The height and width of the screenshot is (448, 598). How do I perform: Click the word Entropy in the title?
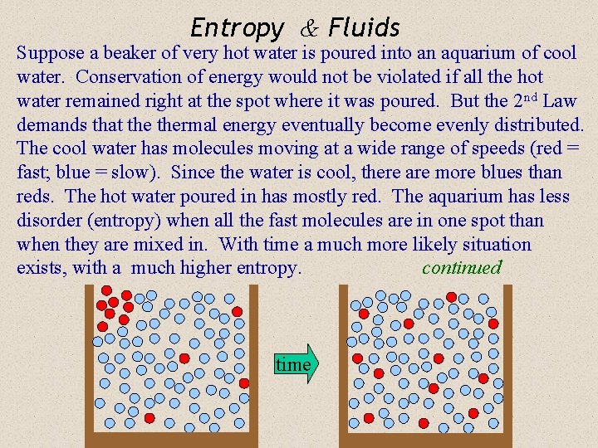pos(237,28)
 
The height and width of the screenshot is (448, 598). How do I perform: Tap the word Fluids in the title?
pos(365,28)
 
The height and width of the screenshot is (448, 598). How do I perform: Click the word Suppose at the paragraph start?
pos(49,54)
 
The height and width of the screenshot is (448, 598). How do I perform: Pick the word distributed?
pos(541,125)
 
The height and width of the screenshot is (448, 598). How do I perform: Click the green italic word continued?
pos(462,268)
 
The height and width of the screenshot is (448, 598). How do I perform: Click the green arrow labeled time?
pos(293,363)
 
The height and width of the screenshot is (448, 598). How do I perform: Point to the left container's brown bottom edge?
pos(171,441)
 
